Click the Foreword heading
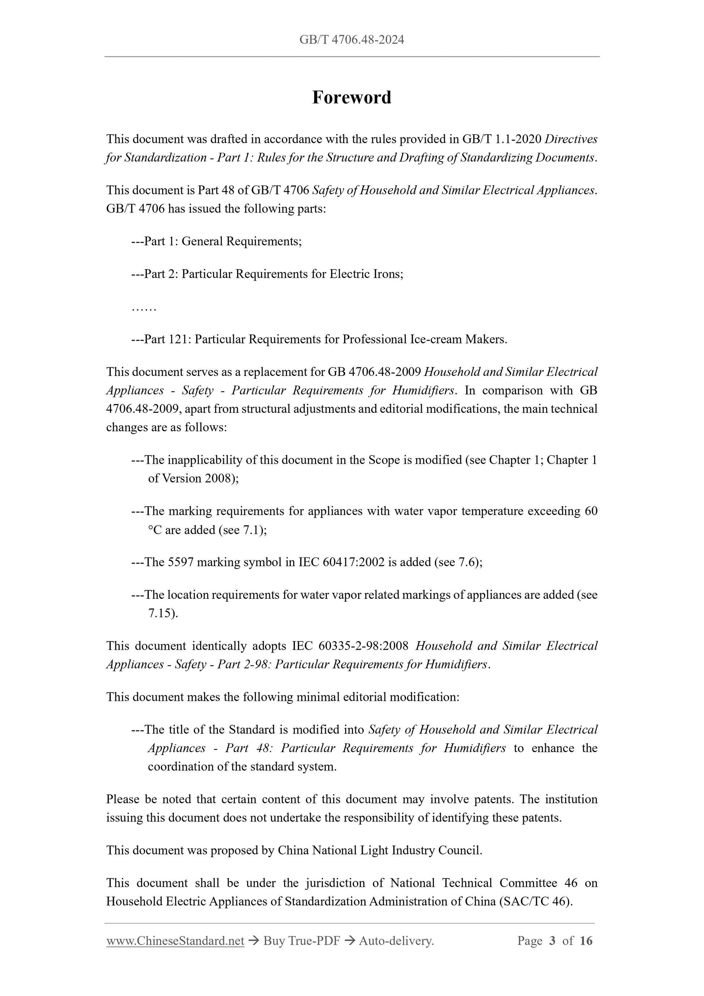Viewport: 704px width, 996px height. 352,98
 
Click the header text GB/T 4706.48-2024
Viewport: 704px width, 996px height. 352,40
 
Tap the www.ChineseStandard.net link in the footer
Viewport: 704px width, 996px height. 175,941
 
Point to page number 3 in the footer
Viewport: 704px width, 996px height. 552,941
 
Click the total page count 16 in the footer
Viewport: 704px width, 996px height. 586,941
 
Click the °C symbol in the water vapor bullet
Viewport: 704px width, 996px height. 154,530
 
